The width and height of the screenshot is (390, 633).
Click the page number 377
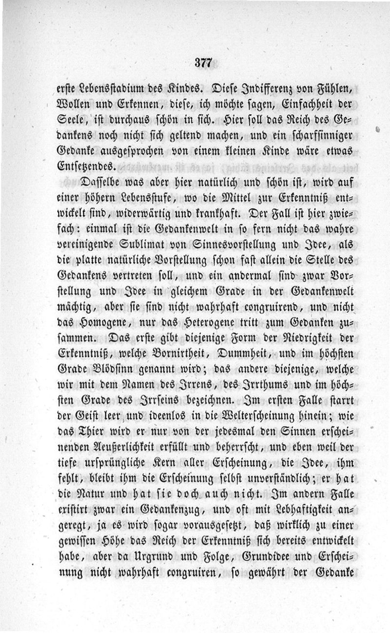[x=202, y=62]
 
